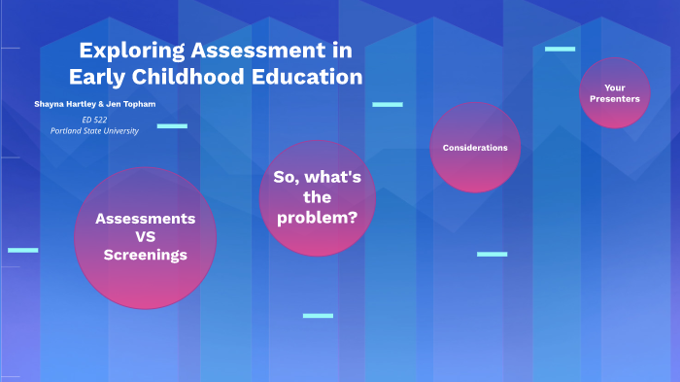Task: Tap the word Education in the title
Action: coord(308,77)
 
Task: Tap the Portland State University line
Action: coord(94,130)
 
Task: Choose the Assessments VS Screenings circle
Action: coord(145,237)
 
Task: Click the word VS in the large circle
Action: coord(145,237)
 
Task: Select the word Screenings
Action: coord(145,255)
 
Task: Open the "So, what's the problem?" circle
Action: coord(317,198)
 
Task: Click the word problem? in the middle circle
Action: coord(317,218)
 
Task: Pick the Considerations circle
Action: coord(475,148)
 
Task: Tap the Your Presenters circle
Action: coord(614,93)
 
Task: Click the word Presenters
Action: coord(614,99)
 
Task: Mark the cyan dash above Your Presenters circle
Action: coord(560,49)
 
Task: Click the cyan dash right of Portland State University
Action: coord(172,125)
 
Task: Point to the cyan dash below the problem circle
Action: coord(318,315)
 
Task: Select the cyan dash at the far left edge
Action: coord(22,250)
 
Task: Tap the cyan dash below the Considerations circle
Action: coord(492,254)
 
